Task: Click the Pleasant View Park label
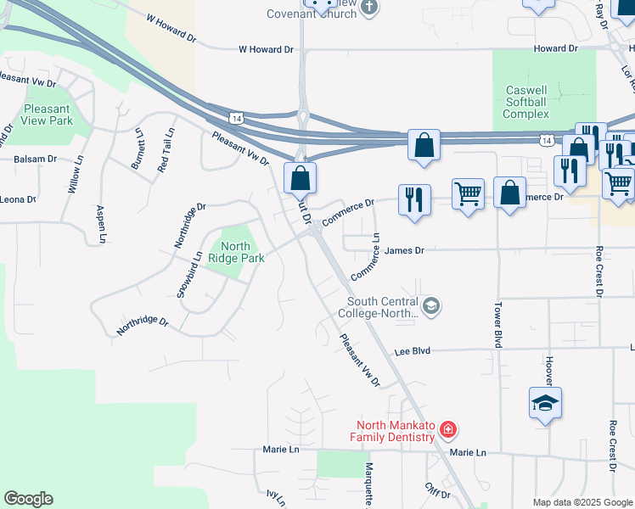[x=48, y=115]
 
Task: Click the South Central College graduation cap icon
[x=431, y=306]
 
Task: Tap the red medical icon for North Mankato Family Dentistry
[x=448, y=431]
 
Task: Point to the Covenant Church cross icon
[x=368, y=8]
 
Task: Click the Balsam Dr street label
[x=35, y=159]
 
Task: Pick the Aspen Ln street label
[x=101, y=224]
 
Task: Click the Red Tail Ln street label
[x=166, y=150]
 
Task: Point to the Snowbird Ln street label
[x=190, y=273]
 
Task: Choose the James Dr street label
[x=403, y=250]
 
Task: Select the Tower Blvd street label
[x=499, y=323]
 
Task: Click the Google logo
[x=28, y=499]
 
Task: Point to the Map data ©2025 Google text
[x=582, y=502]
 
